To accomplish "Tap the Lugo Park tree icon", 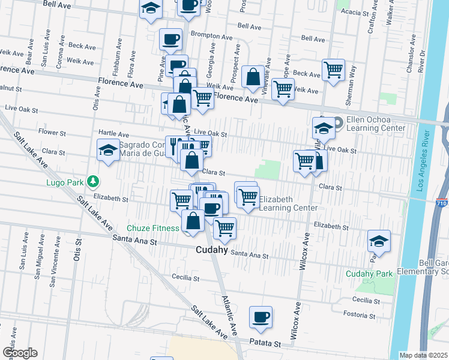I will pyautogui.click(x=92, y=181).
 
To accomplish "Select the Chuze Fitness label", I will pyautogui.click(x=152, y=228).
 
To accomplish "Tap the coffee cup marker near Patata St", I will pyautogui.click(x=261, y=317).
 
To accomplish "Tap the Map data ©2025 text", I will pyautogui.click(x=423, y=355).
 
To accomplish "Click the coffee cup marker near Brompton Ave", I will pyautogui.click(x=170, y=40).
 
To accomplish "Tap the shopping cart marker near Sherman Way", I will pyautogui.click(x=333, y=70).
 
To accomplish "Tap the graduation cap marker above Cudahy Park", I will pyautogui.click(x=379, y=241).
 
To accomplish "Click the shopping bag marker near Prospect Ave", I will pyautogui.click(x=253, y=77).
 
